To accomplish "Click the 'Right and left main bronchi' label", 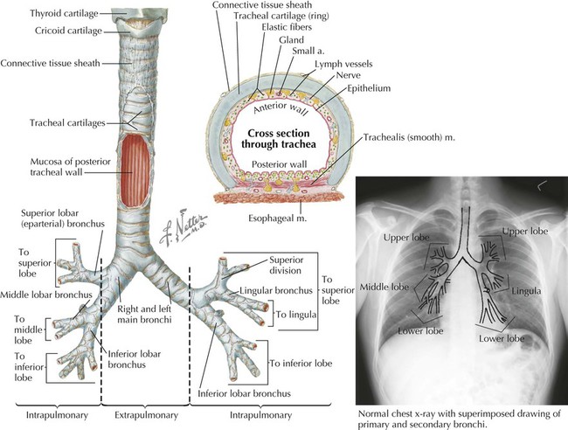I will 141,315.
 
